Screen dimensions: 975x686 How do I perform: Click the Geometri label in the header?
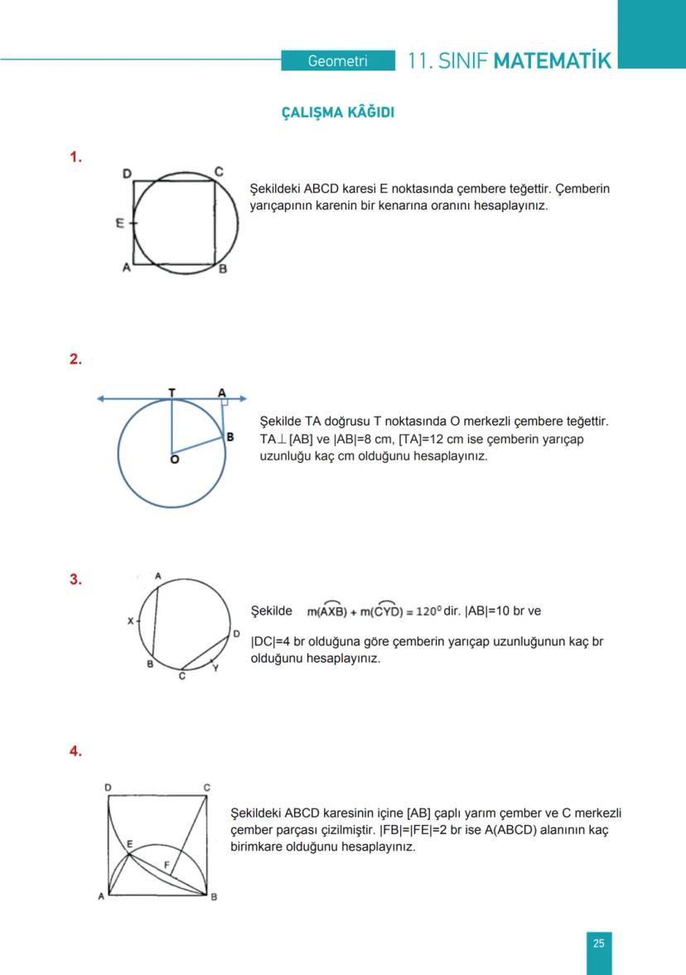[x=337, y=61]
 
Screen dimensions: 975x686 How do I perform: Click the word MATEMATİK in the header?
[x=552, y=61]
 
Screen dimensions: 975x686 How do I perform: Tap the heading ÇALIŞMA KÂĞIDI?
[x=338, y=113]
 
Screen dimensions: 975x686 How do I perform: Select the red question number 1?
[x=75, y=157]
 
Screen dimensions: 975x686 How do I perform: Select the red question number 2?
[x=75, y=359]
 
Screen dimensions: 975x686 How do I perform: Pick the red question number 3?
[x=75, y=580]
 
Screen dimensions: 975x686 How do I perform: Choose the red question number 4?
[x=75, y=751]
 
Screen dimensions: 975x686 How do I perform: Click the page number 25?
[x=598, y=943]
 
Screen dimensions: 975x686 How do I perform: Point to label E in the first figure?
[x=120, y=224]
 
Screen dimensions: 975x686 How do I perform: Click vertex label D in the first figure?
[x=127, y=173]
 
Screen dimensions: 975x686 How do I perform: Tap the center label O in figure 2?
[x=174, y=459]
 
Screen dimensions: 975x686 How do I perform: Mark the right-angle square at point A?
[x=224, y=403]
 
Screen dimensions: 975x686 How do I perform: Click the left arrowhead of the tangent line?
[x=101, y=399]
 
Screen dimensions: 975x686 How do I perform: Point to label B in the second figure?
[x=230, y=437]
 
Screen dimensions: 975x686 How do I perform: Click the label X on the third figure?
[x=129, y=620]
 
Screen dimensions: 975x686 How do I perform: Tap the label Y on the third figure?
[x=215, y=667]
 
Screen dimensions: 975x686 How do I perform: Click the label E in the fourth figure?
[x=129, y=844]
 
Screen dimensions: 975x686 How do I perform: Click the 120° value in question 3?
[x=427, y=612]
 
